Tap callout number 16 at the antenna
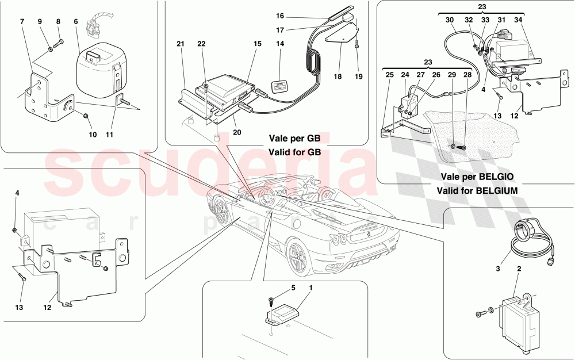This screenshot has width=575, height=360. (279, 16)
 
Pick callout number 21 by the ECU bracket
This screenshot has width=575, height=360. (180, 44)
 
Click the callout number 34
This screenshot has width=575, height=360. (519, 20)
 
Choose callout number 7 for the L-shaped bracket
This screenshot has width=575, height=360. (22, 21)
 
